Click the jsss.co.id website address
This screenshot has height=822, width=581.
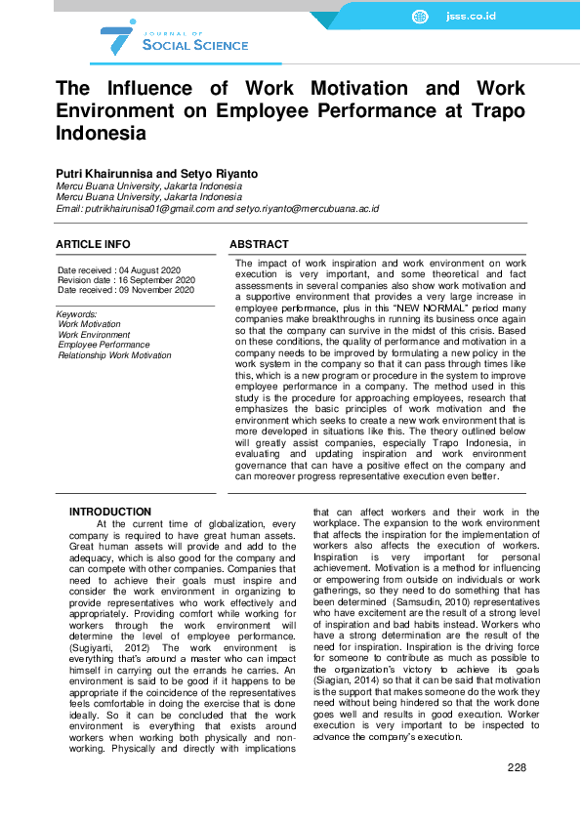[471, 17]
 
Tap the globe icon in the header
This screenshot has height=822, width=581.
[420, 17]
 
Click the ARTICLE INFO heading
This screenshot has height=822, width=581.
[93, 244]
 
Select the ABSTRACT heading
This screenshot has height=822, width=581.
[259, 244]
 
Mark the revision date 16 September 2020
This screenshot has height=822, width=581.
[160, 280]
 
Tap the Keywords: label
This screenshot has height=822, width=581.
[77, 314]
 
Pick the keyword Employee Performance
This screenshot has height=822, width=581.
[104, 345]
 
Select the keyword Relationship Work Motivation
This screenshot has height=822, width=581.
[114, 355]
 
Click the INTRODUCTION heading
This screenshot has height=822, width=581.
[110, 513]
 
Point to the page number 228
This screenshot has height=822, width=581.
[517, 767]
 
